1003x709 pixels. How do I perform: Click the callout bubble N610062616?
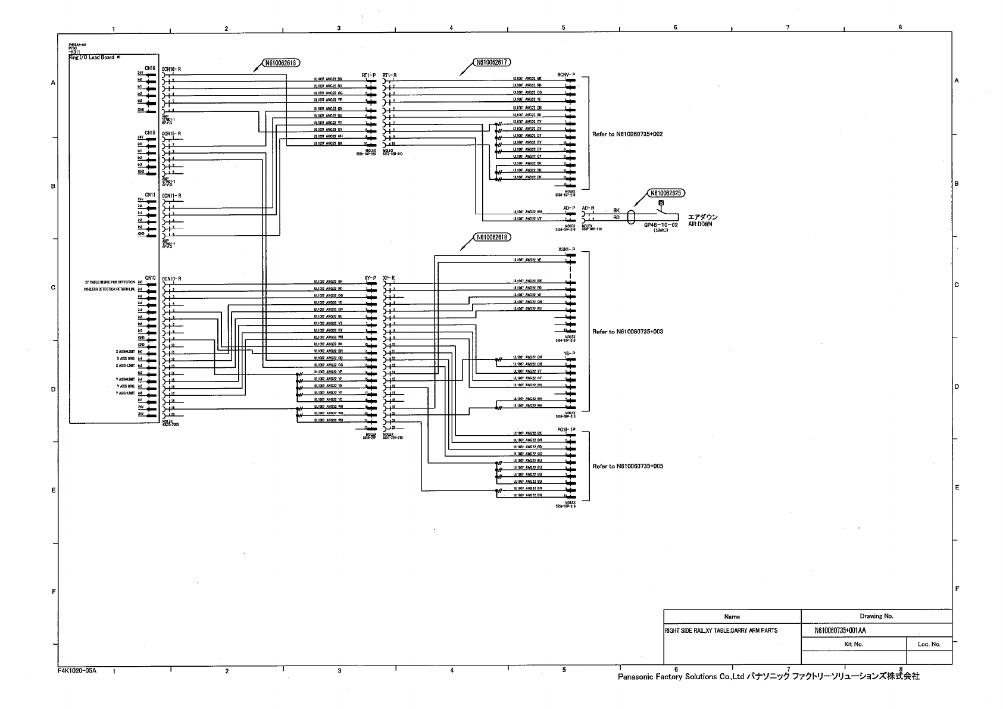pyautogui.click(x=280, y=63)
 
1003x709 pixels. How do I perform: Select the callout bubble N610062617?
pyautogui.click(x=492, y=61)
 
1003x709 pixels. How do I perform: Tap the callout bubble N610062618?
pyautogui.click(x=492, y=238)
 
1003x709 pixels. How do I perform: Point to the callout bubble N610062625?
pyautogui.click(x=666, y=193)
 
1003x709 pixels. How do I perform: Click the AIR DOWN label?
pyautogui.click(x=700, y=224)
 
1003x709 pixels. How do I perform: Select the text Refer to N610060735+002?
pyautogui.click(x=627, y=135)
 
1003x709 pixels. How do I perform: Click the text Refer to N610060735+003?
pyautogui.click(x=627, y=332)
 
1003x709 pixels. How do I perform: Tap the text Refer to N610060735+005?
pyautogui.click(x=627, y=466)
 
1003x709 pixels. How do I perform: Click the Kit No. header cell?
pyautogui.click(x=854, y=644)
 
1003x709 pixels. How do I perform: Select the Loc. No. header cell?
pyautogui.click(x=929, y=644)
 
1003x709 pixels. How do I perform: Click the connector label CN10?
pyautogui.click(x=149, y=277)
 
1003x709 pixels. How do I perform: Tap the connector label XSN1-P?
pyautogui.click(x=567, y=249)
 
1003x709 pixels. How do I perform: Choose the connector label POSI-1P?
pyautogui.click(x=566, y=429)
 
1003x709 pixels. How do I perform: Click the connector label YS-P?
pyautogui.click(x=569, y=354)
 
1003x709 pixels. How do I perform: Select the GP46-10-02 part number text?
pyautogui.click(x=661, y=226)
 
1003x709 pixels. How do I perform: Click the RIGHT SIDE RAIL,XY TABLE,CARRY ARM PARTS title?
pyautogui.click(x=721, y=630)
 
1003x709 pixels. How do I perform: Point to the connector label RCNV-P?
pyautogui.click(x=566, y=74)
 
